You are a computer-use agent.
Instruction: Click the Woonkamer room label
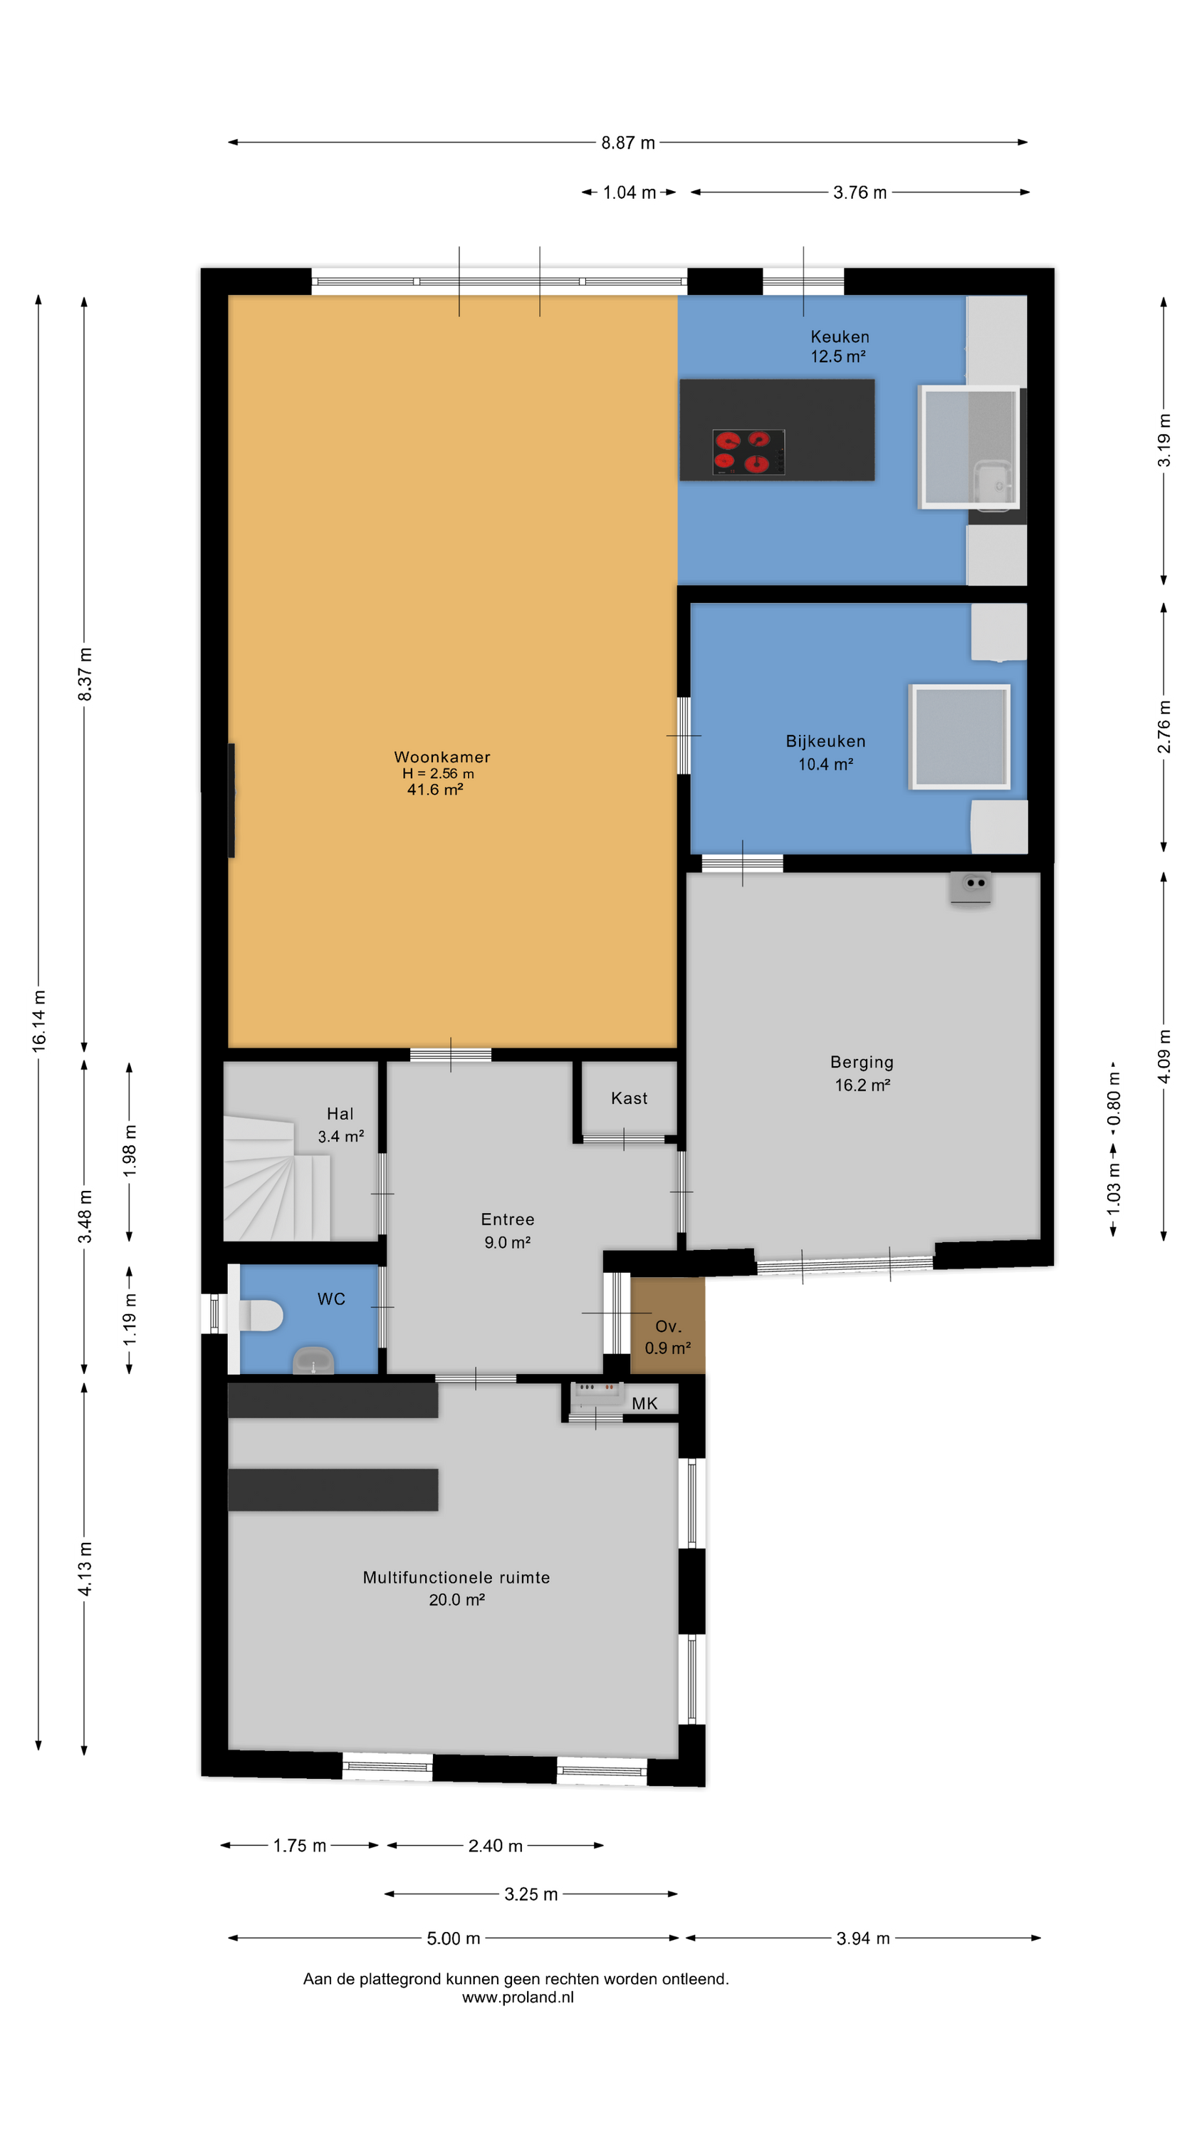[x=441, y=757]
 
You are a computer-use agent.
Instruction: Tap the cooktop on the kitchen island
[x=748, y=453]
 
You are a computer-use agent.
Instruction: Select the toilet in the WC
[x=261, y=1316]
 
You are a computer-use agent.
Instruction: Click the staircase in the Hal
[x=276, y=1179]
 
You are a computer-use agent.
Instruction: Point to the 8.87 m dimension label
[x=628, y=143]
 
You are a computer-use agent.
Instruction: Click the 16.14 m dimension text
[x=39, y=1021]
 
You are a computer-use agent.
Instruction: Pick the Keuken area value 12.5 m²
[x=838, y=356]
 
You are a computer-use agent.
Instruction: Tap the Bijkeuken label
[x=825, y=741]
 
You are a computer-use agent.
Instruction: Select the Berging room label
[x=862, y=1063]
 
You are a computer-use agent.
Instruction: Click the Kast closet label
[x=629, y=1098]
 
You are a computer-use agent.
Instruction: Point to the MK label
[x=644, y=1403]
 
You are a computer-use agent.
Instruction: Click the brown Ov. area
[x=668, y=1326]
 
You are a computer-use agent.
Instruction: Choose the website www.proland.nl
[x=518, y=1997]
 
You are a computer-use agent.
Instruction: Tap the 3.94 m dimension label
[x=863, y=1938]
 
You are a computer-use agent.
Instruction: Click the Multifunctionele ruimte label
[x=456, y=1577]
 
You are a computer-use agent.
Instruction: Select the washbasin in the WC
[x=313, y=1361]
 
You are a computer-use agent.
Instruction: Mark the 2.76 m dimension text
[x=1164, y=726]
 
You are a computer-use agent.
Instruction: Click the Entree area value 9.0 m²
[x=507, y=1242]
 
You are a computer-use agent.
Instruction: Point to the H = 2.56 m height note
[x=438, y=773]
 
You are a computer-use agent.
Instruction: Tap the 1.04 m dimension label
[x=629, y=192]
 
